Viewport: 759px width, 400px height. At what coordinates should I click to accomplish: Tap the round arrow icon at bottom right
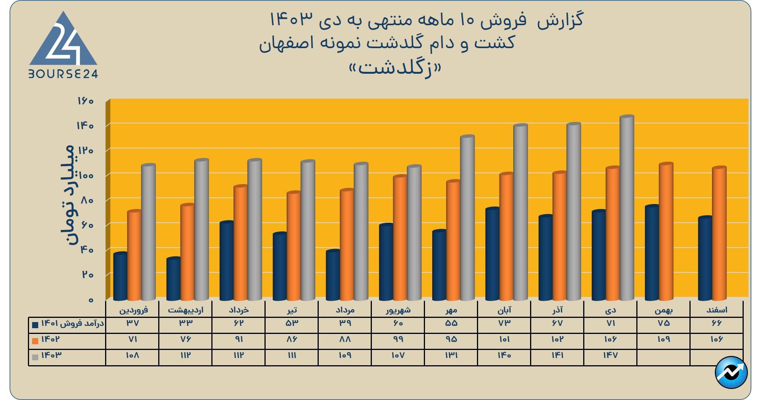pyautogui.click(x=731, y=372)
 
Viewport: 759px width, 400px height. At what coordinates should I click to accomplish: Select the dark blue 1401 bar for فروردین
pyautogui.click(x=120, y=276)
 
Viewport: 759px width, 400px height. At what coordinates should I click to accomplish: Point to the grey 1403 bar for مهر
pyautogui.click(x=467, y=218)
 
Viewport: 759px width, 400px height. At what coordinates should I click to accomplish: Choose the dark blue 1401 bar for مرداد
pyautogui.click(x=333, y=275)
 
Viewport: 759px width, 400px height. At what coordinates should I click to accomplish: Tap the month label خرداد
pyautogui.click(x=239, y=310)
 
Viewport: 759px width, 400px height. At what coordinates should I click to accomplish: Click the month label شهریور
pyautogui.click(x=398, y=310)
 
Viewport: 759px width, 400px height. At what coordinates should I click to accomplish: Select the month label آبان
pyautogui.click(x=504, y=310)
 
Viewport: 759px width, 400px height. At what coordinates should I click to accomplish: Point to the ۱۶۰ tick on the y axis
pyautogui.click(x=86, y=101)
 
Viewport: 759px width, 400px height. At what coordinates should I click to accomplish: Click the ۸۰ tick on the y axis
pyautogui.click(x=87, y=200)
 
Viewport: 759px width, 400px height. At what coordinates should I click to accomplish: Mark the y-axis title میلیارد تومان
pyautogui.click(x=67, y=195)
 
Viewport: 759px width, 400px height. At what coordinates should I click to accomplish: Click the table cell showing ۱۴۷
pyautogui.click(x=610, y=355)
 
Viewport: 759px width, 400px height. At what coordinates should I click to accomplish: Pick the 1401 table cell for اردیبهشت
pyautogui.click(x=186, y=323)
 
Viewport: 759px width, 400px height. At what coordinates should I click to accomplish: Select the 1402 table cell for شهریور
pyautogui.click(x=398, y=339)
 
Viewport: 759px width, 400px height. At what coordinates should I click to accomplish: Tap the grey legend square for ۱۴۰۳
pyautogui.click(x=35, y=357)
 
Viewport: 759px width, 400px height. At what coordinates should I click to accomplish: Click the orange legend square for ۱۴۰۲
pyautogui.click(x=35, y=341)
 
